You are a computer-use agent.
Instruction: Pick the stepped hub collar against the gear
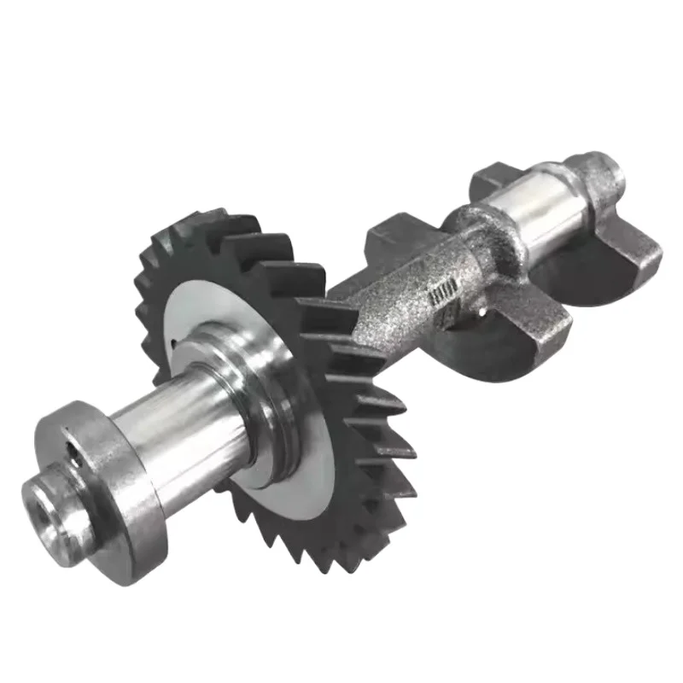(x=256, y=401)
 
